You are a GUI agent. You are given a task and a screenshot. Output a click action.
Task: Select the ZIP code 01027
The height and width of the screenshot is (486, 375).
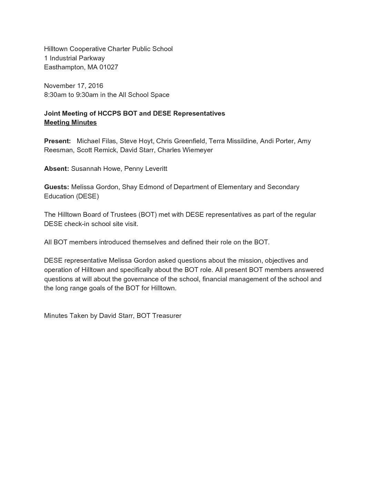[x=109, y=67]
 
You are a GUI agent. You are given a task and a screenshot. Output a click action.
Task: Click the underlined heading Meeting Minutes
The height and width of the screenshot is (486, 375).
[x=70, y=123]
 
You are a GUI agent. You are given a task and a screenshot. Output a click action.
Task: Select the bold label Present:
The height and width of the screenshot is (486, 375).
[x=58, y=141]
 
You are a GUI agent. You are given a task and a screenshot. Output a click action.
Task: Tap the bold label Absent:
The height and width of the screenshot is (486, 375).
[x=57, y=168]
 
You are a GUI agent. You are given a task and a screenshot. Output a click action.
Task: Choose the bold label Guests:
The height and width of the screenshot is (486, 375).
[x=57, y=187]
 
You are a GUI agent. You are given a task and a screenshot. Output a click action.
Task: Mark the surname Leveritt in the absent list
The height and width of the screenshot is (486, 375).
[x=154, y=168]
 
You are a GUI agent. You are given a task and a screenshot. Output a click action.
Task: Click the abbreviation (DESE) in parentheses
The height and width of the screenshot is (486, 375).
[x=88, y=196]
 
